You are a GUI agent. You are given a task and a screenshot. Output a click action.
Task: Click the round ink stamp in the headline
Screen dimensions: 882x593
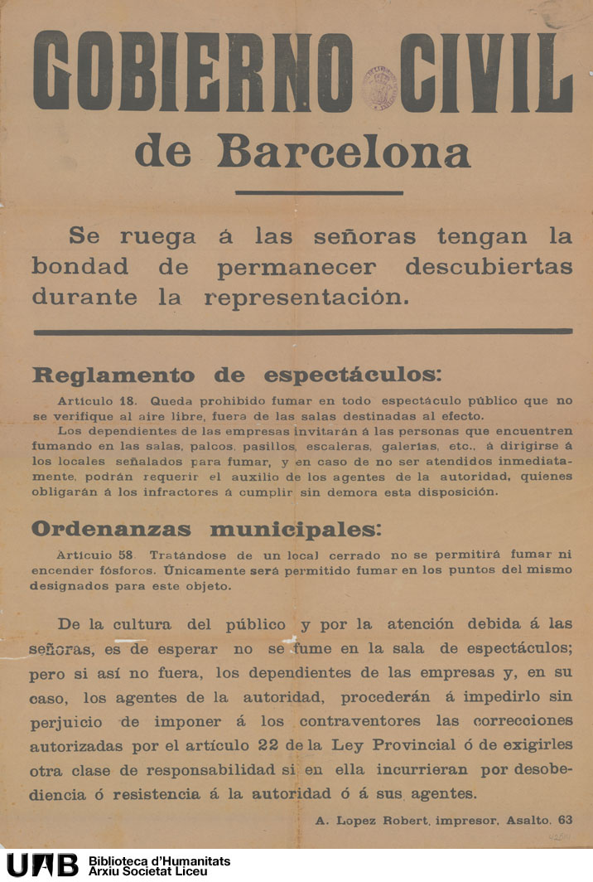[378, 88]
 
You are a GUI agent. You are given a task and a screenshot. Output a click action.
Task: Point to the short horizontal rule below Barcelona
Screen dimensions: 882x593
[319, 193]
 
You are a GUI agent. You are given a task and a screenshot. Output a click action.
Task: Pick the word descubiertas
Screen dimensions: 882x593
[489, 268]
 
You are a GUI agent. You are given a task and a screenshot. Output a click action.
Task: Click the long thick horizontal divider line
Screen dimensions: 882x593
[302, 332]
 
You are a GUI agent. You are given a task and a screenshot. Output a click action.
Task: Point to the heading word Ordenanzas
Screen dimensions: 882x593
[110, 530]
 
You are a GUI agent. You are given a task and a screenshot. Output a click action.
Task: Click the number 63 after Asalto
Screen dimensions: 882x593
[565, 821]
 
